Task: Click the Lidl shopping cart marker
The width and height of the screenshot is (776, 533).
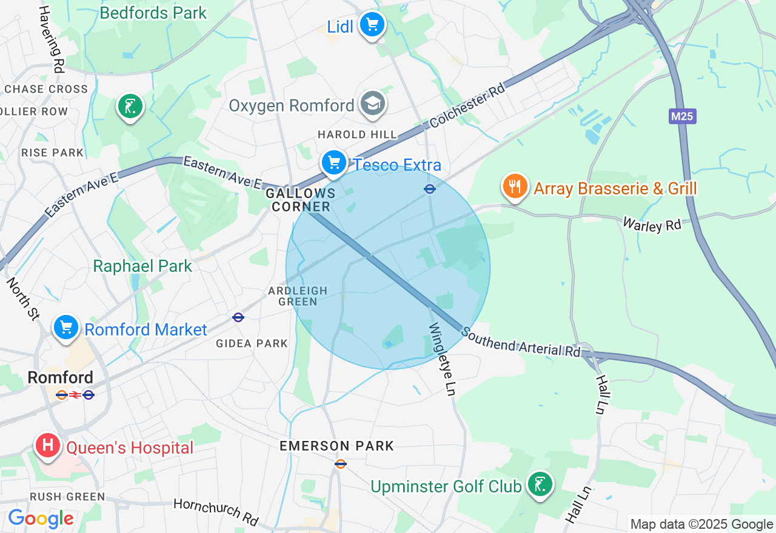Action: click(x=372, y=25)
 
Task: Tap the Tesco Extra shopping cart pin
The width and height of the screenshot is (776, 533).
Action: click(x=333, y=163)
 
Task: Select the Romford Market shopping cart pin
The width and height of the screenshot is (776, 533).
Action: click(x=66, y=328)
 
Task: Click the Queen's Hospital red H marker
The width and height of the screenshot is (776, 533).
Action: click(x=48, y=446)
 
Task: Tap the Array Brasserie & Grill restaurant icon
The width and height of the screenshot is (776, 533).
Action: click(x=515, y=187)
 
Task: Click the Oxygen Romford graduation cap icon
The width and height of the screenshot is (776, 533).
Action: click(x=372, y=104)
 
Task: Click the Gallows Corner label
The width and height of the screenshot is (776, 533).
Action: click(x=301, y=200)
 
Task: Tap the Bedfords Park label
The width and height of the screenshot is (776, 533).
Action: click(x=153, y=13)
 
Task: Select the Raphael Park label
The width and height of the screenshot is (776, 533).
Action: click(x=142, y=266)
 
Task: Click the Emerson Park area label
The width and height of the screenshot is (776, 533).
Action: click(x=336, y=446)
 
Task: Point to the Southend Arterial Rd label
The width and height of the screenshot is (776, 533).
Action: click(x=521, y=342)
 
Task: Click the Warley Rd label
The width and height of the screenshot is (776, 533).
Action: click(x=652, y=224)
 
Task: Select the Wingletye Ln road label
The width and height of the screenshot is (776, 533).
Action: click(x=441, y=357)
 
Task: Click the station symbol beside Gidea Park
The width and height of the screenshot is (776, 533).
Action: click(x=238, y=317)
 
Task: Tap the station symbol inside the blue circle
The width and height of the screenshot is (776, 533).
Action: click(x=429, y=189)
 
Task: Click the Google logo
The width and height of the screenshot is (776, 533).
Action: click(x=41, y=518)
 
